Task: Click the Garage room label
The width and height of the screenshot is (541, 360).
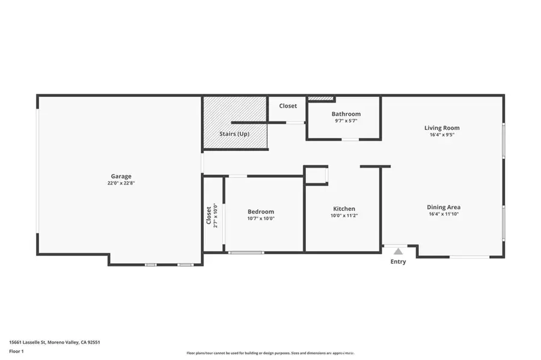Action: click(x=121, y=176)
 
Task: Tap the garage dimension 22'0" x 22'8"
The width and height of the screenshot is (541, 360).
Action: click(x=121, y=183)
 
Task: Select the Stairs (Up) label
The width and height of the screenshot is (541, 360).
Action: click(x=234, y=133)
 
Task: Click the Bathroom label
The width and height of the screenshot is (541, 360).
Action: click(x=346, y=114)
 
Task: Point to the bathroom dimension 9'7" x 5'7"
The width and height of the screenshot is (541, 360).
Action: click(x=346, y=121)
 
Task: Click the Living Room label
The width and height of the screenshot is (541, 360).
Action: click(x=442, y=127)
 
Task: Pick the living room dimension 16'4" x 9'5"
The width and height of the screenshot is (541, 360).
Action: click(x=442, y=135)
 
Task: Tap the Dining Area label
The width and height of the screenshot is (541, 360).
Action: click(x=444, y=207)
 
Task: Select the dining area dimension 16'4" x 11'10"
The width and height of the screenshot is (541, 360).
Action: click(x=444, y=214)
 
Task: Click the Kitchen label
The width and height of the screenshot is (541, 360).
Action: click(x=344, y=209)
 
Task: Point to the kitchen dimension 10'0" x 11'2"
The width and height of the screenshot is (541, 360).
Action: click(x=344, y=216)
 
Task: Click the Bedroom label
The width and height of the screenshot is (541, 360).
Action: click(x=261, y=211)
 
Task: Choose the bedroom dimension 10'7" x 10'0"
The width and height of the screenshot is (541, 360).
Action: click(x=261, y=219)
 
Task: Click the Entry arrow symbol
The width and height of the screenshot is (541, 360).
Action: click(x=398, y=251)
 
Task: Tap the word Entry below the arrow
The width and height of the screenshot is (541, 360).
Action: click(x=398, y=261)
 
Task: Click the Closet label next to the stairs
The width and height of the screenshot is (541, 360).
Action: click(x=287, y=106)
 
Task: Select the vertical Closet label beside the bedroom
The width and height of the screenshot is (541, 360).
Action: click(x=209, y=215)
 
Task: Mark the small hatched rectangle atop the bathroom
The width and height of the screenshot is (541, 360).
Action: click(x=320, y=98)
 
